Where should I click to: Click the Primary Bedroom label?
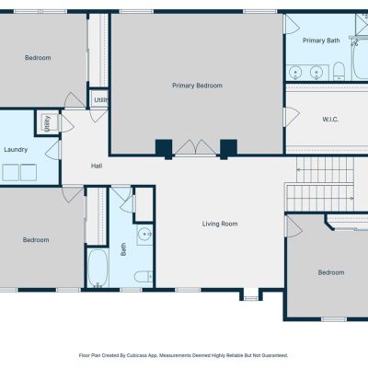[x=197, y=86]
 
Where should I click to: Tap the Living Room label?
[x=220, y=224]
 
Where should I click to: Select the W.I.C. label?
[x=330, y=120]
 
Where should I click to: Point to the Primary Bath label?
[x=321, y=40]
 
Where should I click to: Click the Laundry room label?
[x=16, y=150]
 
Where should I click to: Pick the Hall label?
[x=97, y=166]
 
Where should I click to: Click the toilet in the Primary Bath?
[x=339, y=71]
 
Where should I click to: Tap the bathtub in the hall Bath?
[x=98, y=268]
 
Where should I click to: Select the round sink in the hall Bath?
[x=144, y=235]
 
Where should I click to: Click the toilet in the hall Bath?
[x=144, y=277]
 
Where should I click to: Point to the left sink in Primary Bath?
[x=295, y=73]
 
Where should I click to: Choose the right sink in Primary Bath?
[x=316, y=73]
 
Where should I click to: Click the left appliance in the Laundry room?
[x=11, y=172]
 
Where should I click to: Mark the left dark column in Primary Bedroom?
[x=164, y=149]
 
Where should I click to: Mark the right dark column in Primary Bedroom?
[x=228, y=149]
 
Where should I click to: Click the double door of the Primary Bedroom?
[x=196, y=148]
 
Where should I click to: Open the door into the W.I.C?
[x=292, y=117]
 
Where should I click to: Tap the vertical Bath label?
[x=123, y=249]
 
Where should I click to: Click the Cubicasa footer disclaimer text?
[x=183, y=355]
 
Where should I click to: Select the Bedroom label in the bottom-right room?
[x=331, y=272]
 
